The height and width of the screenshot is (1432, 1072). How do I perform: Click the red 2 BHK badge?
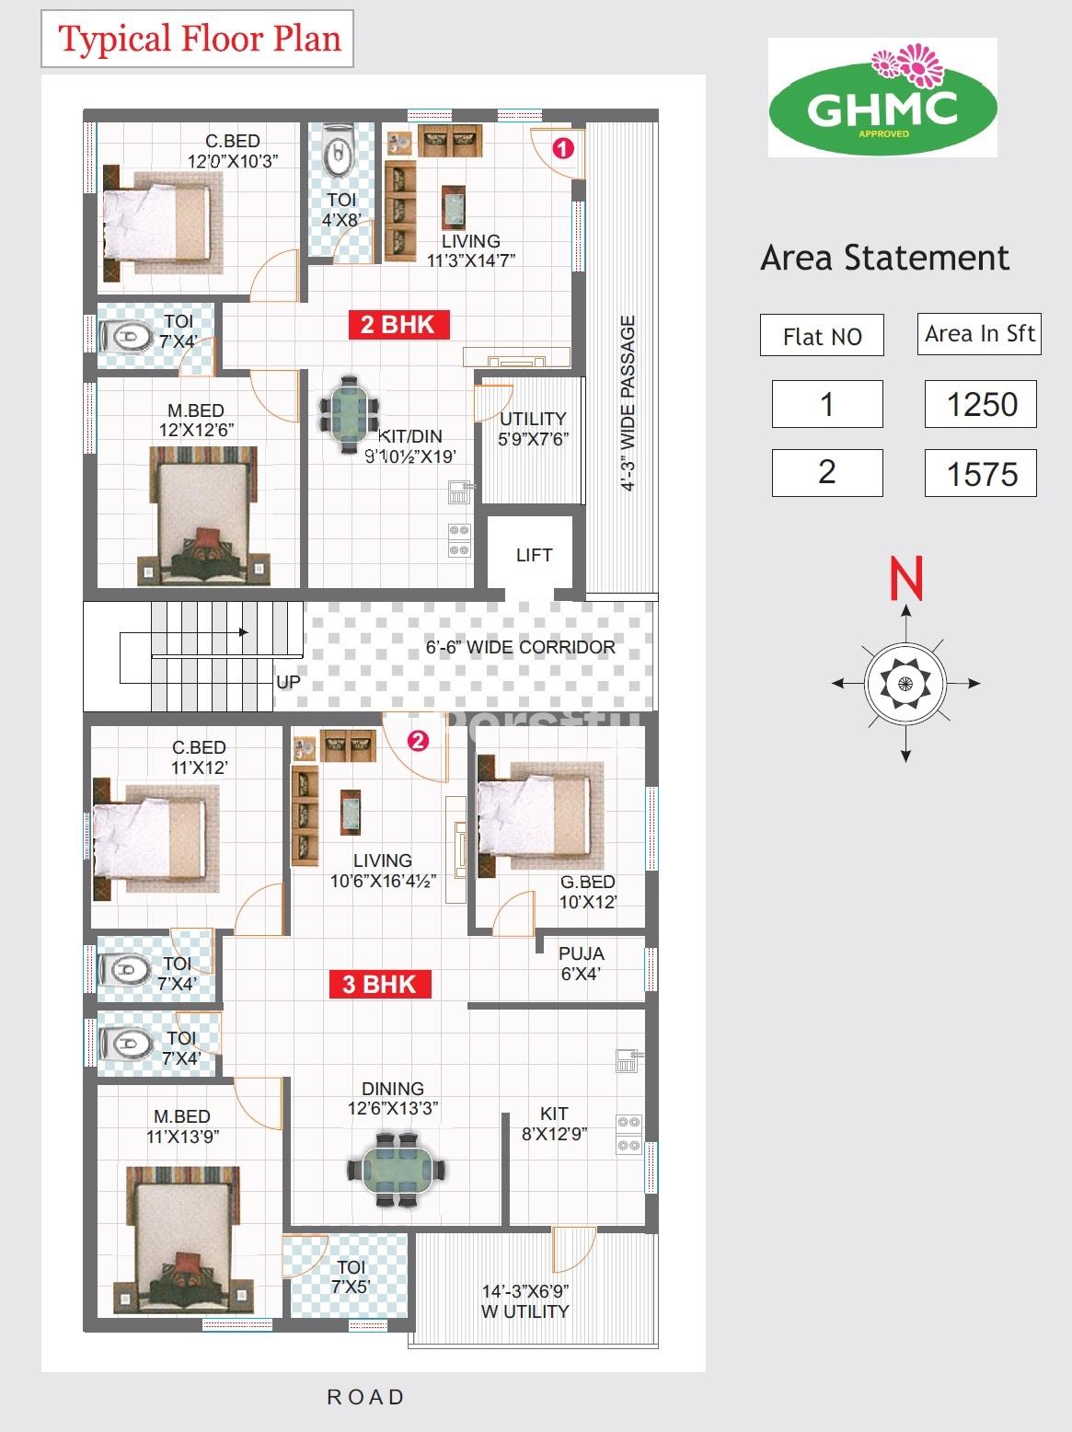pos(399,324)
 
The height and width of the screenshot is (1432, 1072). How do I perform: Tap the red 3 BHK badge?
pos(380,984)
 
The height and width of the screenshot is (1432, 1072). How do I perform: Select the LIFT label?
pos(534,555)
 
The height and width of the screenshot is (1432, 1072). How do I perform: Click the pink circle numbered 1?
pos(563,148)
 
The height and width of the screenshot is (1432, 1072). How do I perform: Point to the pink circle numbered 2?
pos(418,741)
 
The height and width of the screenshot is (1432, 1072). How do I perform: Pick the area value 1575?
pos(981,474)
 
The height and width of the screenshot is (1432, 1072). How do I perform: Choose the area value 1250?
pos(981,405)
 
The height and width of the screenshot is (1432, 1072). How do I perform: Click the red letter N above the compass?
pos(906,577)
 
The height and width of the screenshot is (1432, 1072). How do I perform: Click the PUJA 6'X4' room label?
pos(581,964)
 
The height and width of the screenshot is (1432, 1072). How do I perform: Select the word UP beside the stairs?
pos(288,682)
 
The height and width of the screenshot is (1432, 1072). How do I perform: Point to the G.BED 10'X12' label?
pos(587,892)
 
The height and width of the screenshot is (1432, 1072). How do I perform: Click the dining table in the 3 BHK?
pos(396,1170)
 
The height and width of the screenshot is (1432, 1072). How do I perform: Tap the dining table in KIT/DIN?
pos(350,414)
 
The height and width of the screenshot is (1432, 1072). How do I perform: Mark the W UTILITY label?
pos(524,1311)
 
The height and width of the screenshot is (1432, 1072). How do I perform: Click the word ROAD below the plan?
pos(366,1397)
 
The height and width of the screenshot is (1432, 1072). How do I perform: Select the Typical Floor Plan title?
pos(200,38)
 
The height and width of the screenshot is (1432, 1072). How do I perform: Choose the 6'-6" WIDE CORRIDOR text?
pos(520,647)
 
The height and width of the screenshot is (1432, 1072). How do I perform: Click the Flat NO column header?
pos(823,337)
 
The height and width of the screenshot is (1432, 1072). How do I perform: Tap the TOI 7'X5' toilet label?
pos(351,1276)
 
